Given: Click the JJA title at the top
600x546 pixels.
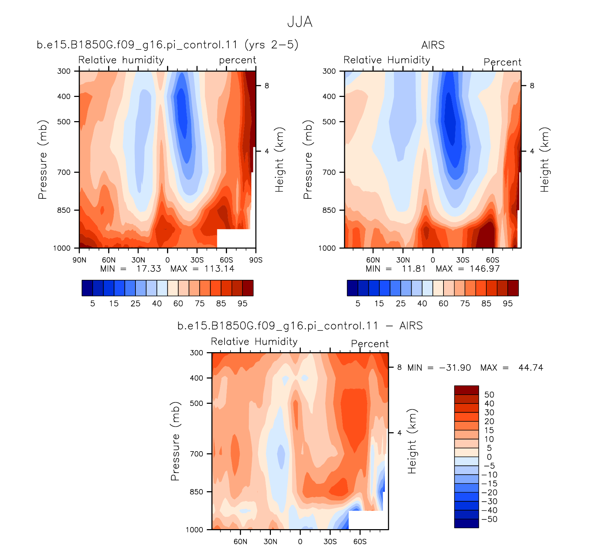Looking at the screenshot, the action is pyautogui.click(x=300, y=22).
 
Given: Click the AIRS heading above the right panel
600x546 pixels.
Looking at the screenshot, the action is pyautogui.click(x=433, y=45).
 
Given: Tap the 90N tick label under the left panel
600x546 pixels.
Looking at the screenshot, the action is pyautogui.click(x=79, y=260).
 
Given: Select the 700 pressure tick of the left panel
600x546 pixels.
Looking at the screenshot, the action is pyautogui.click(x=64, y=172).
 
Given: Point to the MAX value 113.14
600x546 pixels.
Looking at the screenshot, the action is pyautogui.click(x=219, y=269).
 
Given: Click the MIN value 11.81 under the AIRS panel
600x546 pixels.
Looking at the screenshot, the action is pyautogui.click(x=414, y=269).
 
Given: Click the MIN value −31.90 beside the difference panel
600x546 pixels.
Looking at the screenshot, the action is pyautogui.click(x=455, y=368).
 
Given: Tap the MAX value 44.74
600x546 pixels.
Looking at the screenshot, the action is pyautogui.click(x=531, y=368).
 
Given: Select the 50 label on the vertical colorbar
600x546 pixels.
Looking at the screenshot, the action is pyautogui.click(x=489, y=395).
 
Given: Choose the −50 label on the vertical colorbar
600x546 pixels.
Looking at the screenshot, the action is pyautogui.click(x=489, y=519).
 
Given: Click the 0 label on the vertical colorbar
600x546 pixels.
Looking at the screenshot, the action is pyautogui.click(x=489, y=457).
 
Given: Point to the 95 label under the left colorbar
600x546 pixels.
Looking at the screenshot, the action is pyautogui.click(x=242, y=303).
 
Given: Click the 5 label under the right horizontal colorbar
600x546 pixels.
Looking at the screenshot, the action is pyautogui.click(x=358, y=303).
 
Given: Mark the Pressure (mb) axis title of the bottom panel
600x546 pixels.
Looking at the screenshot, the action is pyautogui.click(x=175, y=441).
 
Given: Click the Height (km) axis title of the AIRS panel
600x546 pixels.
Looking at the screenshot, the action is pyautogui.click(x=545, y=160).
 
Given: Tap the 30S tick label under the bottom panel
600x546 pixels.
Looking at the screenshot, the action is pyautogui.click(x=330, y=541).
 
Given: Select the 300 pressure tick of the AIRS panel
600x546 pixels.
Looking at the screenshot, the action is pyautogui.click(x=329, y=71).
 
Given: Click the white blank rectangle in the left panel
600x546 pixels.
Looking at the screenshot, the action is pyautogui.click(x=236, y=238).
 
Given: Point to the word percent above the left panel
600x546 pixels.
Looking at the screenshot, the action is pyautogui.click(x=238, y=60).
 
